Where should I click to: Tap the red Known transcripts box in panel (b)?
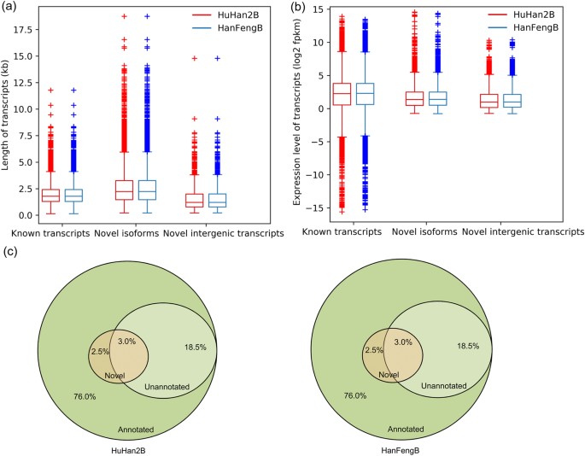point(342,94)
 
